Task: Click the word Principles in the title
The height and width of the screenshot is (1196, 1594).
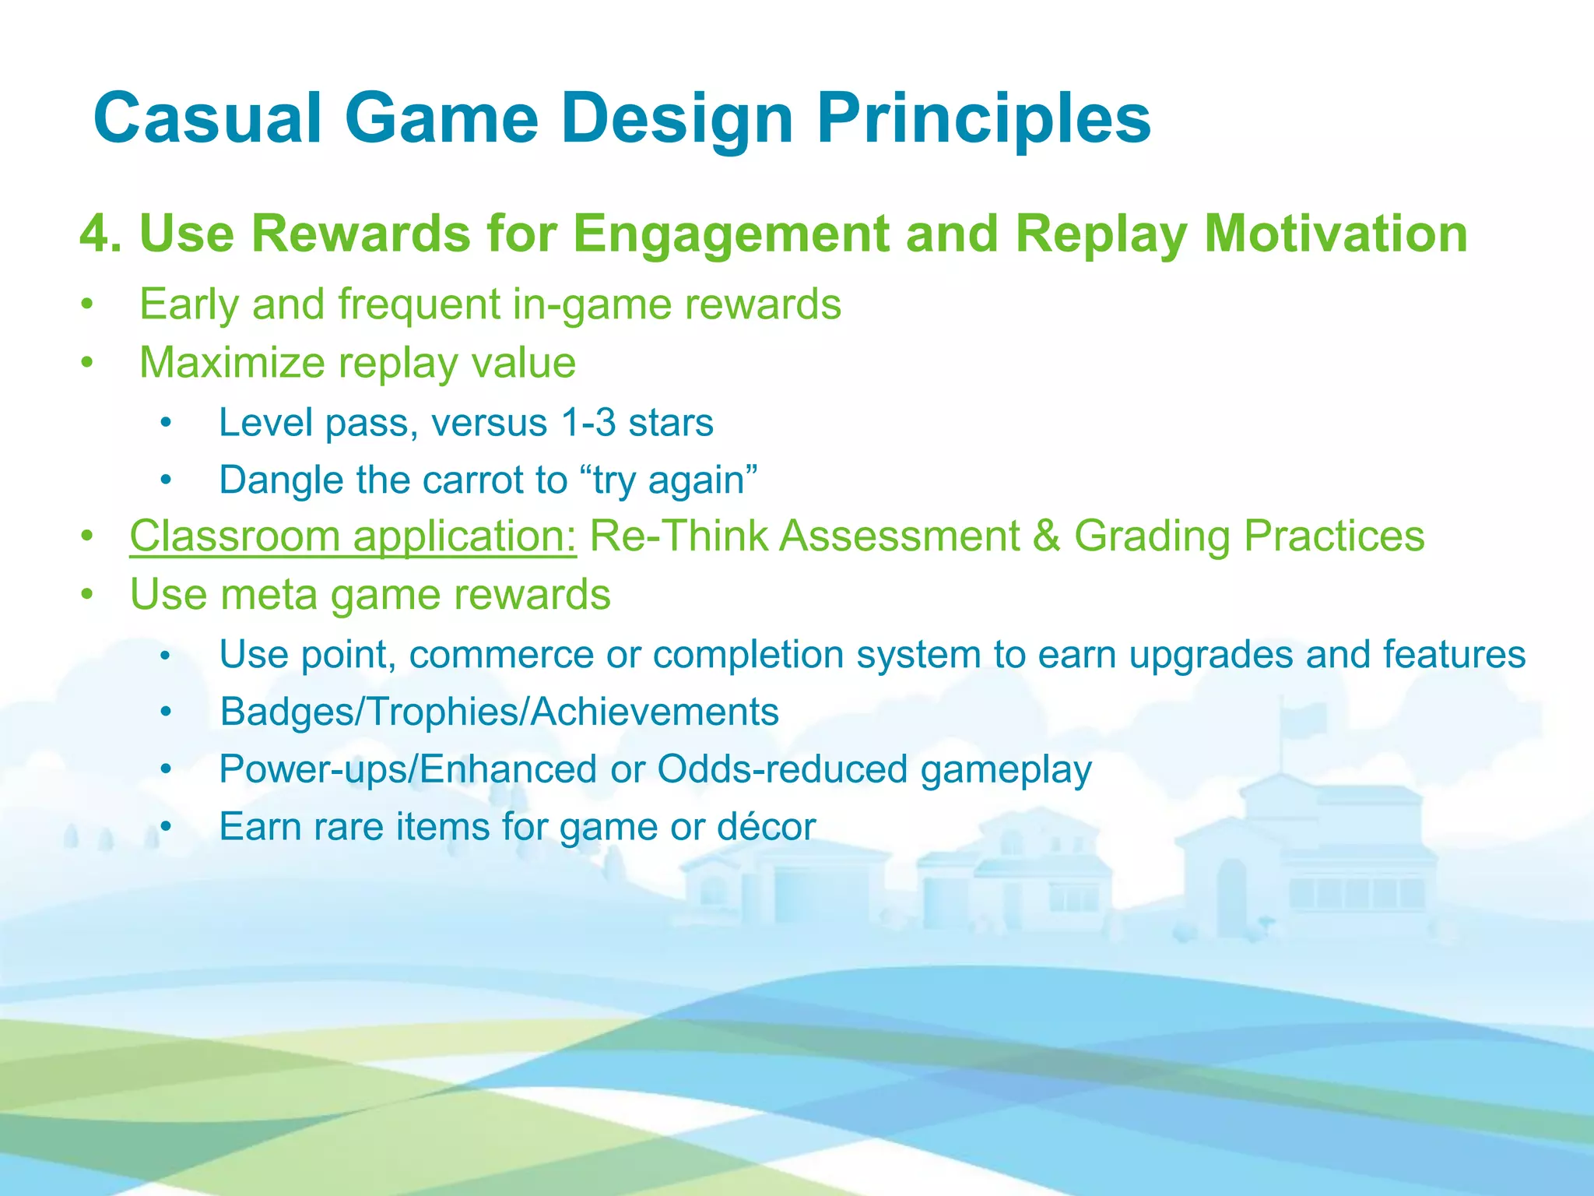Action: point(983,118)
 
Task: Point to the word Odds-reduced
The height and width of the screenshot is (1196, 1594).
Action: point(782,769)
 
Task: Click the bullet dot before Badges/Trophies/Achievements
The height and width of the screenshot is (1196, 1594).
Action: point(165,712)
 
